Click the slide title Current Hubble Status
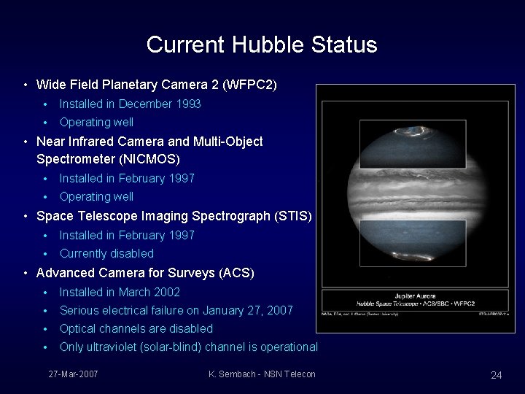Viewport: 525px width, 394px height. point(262,45)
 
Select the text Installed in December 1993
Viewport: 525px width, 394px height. point(130,104)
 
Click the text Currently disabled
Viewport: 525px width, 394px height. point(106,253)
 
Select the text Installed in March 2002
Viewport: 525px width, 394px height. point(120,292)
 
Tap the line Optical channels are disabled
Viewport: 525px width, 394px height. point(136,328)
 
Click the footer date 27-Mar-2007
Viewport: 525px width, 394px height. point(73,374)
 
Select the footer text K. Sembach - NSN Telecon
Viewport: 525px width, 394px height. point(262,374)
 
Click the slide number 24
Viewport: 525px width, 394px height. point(496,375)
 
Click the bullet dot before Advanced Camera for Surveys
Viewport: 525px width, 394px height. point(26,274)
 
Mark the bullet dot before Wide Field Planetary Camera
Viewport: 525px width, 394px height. point(26,85)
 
